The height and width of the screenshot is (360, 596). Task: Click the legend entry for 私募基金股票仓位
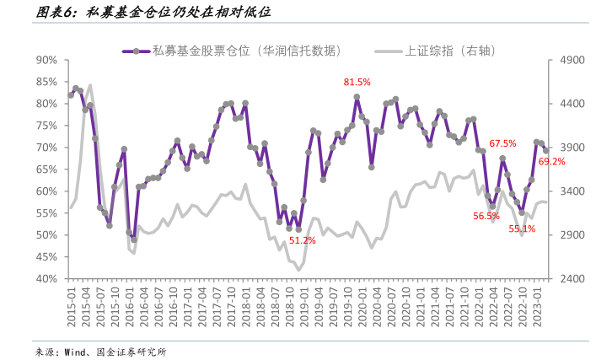[x=232, y=51]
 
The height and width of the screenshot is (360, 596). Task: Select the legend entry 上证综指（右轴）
[x=435, y=51]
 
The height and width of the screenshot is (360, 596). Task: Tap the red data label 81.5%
[x=357, y=82]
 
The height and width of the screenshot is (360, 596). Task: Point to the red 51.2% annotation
[x=302, y=240]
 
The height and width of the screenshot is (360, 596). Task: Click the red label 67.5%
[x=502, y=143]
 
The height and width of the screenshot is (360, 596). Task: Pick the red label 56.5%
[x=486, y=216]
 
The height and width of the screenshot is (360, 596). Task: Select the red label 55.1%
[x=522, y=228]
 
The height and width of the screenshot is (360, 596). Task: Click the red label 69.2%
[x=551, y=162]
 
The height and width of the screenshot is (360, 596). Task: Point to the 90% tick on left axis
[x=46, y=60]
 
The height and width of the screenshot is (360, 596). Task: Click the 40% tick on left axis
[x=46, y=279]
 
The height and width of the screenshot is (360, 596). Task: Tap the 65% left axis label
[x=46, y=169]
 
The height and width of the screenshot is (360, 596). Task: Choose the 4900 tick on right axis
[x=572, y=60]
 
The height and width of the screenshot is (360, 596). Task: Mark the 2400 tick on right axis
[x=572, y=279]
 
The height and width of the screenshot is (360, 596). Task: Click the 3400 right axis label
[x=572, y=191]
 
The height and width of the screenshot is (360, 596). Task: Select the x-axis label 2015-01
[x=72, y=307]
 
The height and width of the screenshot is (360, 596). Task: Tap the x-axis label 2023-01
[x=537, y=307]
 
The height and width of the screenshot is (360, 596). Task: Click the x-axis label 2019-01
[x=304, y=307]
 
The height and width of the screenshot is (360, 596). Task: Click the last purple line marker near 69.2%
[x=546, y=151]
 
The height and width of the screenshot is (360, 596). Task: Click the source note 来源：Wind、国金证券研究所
[x=100, y=352]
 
